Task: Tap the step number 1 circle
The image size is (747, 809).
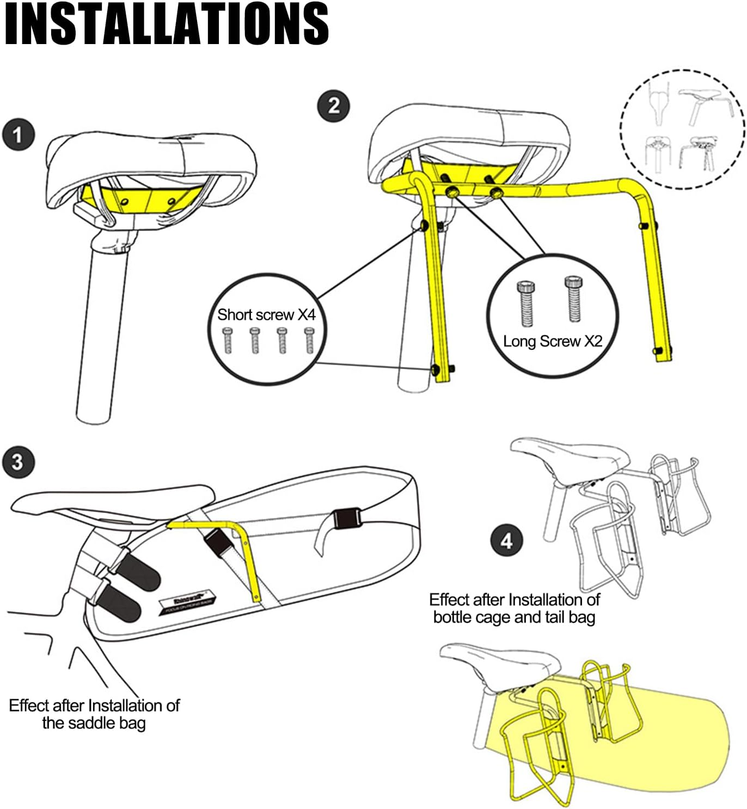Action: pyautogui.click(x=18, y=135)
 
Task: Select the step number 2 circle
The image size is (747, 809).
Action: pyautogui.click(x=333, y=105)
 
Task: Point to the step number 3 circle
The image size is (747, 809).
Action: pyautogui.click(x=18, y=462)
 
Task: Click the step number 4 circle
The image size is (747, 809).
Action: pyautogui.click(x=506, y=541)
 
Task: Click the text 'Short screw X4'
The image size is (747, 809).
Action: pyautogui.click(x=266, y=314)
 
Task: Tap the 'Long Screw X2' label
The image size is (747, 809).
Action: pyautogui.click(x=552, y=341)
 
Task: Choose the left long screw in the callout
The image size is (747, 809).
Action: pyautogui.click(x=525, y=304)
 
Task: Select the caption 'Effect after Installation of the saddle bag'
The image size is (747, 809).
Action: pyautogui.click(x=94, y=714)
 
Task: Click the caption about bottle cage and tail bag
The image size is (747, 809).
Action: pyautogui.click(x=514, y=608)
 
